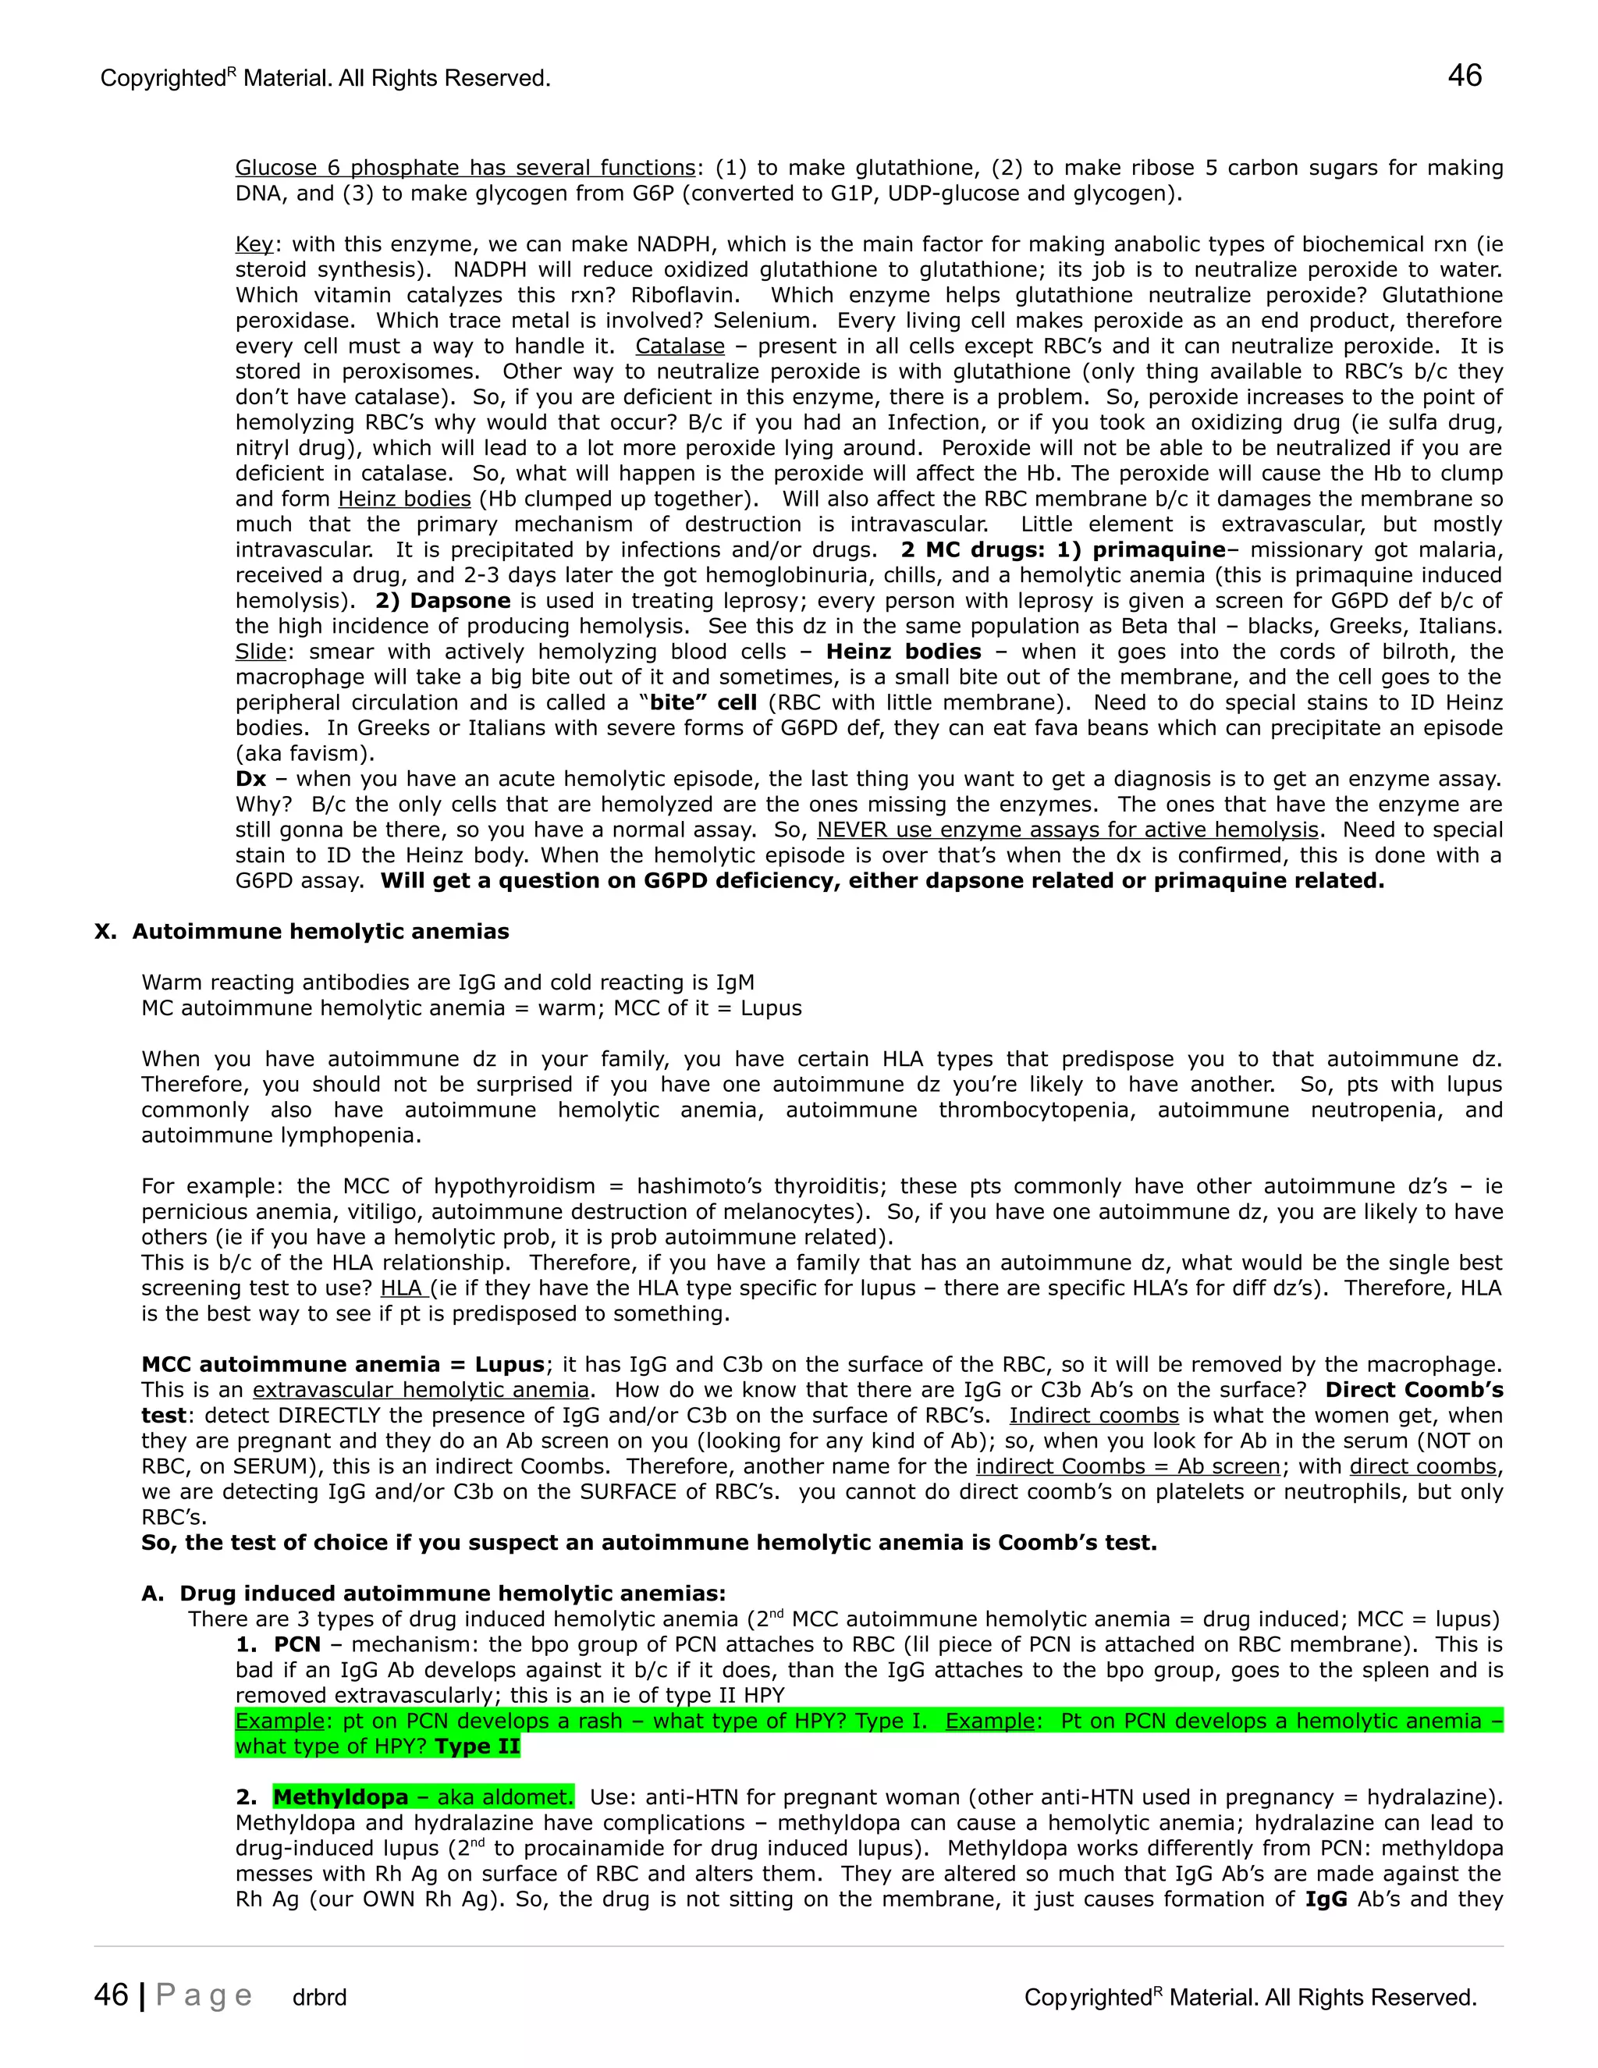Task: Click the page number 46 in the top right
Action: click(1464, 76)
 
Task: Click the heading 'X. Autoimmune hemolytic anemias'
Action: click(302, 932)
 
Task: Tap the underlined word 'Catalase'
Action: click(680, 346)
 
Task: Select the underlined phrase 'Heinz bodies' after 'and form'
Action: click(404, 499)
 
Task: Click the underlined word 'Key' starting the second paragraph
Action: click(254, 245)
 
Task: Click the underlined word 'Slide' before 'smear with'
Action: click(261, 652)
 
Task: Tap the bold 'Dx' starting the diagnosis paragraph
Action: click(251, 780)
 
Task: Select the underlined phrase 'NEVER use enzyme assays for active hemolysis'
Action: click(1067, 830)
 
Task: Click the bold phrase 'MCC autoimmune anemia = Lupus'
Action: click(343, 1364)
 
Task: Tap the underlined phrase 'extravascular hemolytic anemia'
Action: click(421, 1390)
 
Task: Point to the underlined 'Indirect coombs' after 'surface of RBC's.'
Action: click(1093, 1416)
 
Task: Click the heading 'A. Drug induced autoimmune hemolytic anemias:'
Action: click(434, 1594)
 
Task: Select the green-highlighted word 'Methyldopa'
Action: click(341, 1797)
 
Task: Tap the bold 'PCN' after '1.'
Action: click(297, 1645)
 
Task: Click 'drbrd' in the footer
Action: click(319, 1998)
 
